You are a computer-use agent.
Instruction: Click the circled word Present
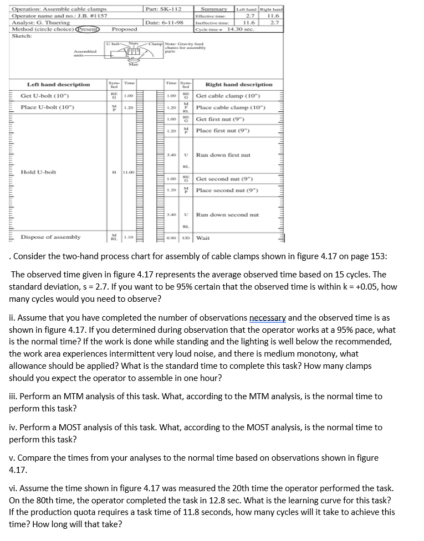(88, 28)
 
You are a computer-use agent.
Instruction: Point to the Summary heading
(213, 9)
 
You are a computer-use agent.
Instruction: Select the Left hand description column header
(58, 84)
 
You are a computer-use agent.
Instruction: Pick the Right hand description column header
(239, 84)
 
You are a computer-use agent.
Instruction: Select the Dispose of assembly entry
(50, 237)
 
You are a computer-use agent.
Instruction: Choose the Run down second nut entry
(227, 214)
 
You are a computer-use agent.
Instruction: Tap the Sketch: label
(22, 35)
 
